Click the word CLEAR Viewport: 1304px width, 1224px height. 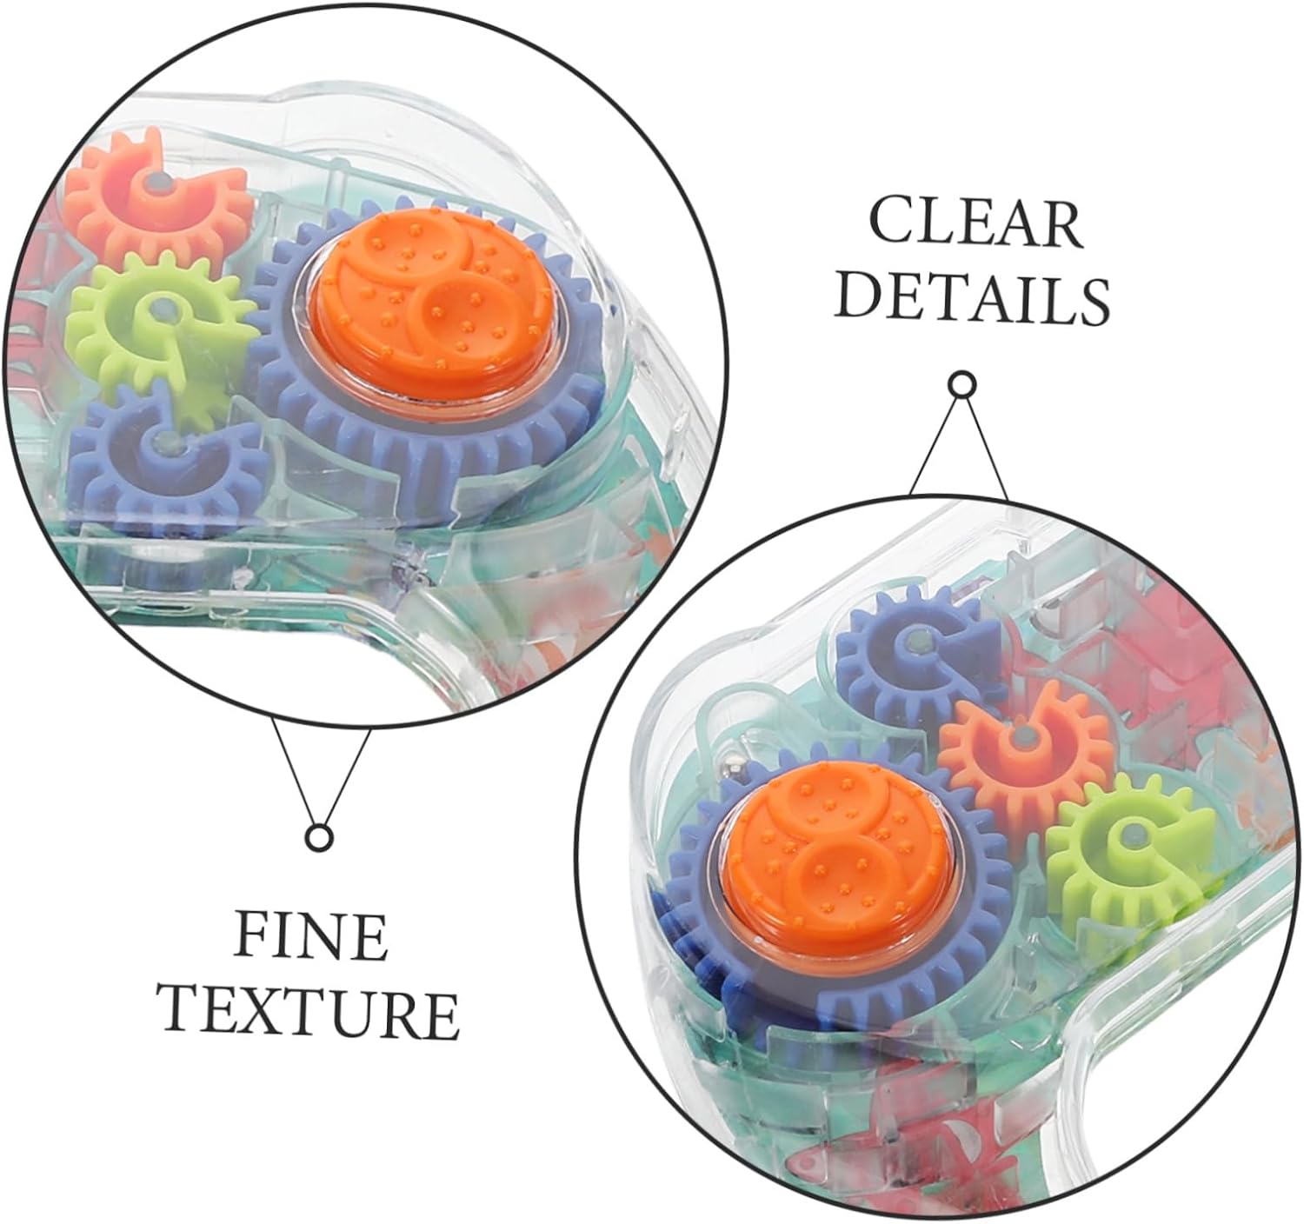click(976, 223)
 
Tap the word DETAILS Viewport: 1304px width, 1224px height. click(976, 298)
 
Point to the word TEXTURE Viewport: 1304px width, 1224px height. click(311, 1012)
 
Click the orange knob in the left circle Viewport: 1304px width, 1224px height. click(427, 303)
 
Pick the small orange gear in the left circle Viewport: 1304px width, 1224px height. click(156, 197)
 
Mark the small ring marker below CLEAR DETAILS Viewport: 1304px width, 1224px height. click(961, 384)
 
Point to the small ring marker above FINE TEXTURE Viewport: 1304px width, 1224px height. click(319, 836)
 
